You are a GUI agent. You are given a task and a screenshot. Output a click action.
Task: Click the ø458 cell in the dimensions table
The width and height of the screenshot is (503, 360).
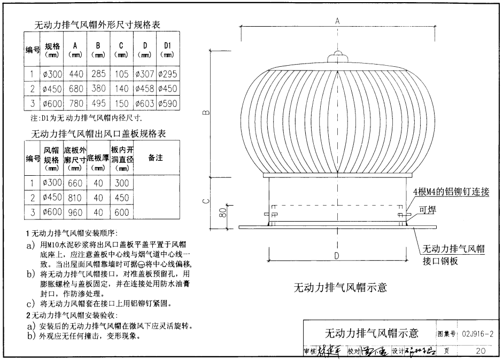(145, 89)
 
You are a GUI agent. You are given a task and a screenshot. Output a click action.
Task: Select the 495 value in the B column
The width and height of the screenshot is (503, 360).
(98, 104)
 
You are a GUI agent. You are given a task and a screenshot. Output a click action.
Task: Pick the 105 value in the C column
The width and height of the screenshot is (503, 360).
(122, 74)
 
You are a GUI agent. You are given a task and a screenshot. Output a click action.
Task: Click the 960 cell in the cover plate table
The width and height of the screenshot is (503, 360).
(74, 212)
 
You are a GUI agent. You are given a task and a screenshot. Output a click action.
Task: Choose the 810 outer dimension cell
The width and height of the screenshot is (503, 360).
(74, 198)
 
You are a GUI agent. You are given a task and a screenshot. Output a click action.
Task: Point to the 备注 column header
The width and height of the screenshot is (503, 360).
(156, 158)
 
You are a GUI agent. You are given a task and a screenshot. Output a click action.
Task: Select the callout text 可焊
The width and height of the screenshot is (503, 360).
(428, 210)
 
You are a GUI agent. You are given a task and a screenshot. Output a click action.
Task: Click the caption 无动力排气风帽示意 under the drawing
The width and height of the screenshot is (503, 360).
(340, 287)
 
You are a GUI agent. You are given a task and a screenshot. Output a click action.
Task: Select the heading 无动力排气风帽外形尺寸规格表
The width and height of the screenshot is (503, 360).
(97, 25)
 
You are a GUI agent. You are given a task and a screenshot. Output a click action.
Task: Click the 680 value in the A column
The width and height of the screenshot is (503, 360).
(75, 89)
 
